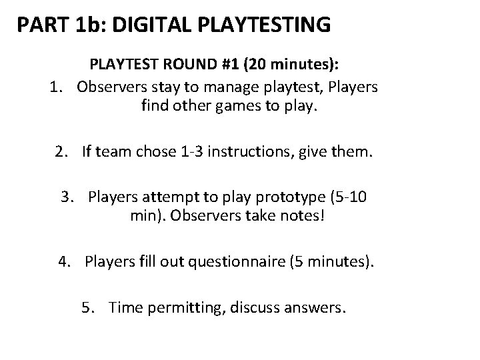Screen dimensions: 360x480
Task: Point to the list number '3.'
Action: click(67, 198)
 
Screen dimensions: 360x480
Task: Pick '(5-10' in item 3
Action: click(346, 198)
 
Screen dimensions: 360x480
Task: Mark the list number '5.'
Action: click(88, 309)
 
